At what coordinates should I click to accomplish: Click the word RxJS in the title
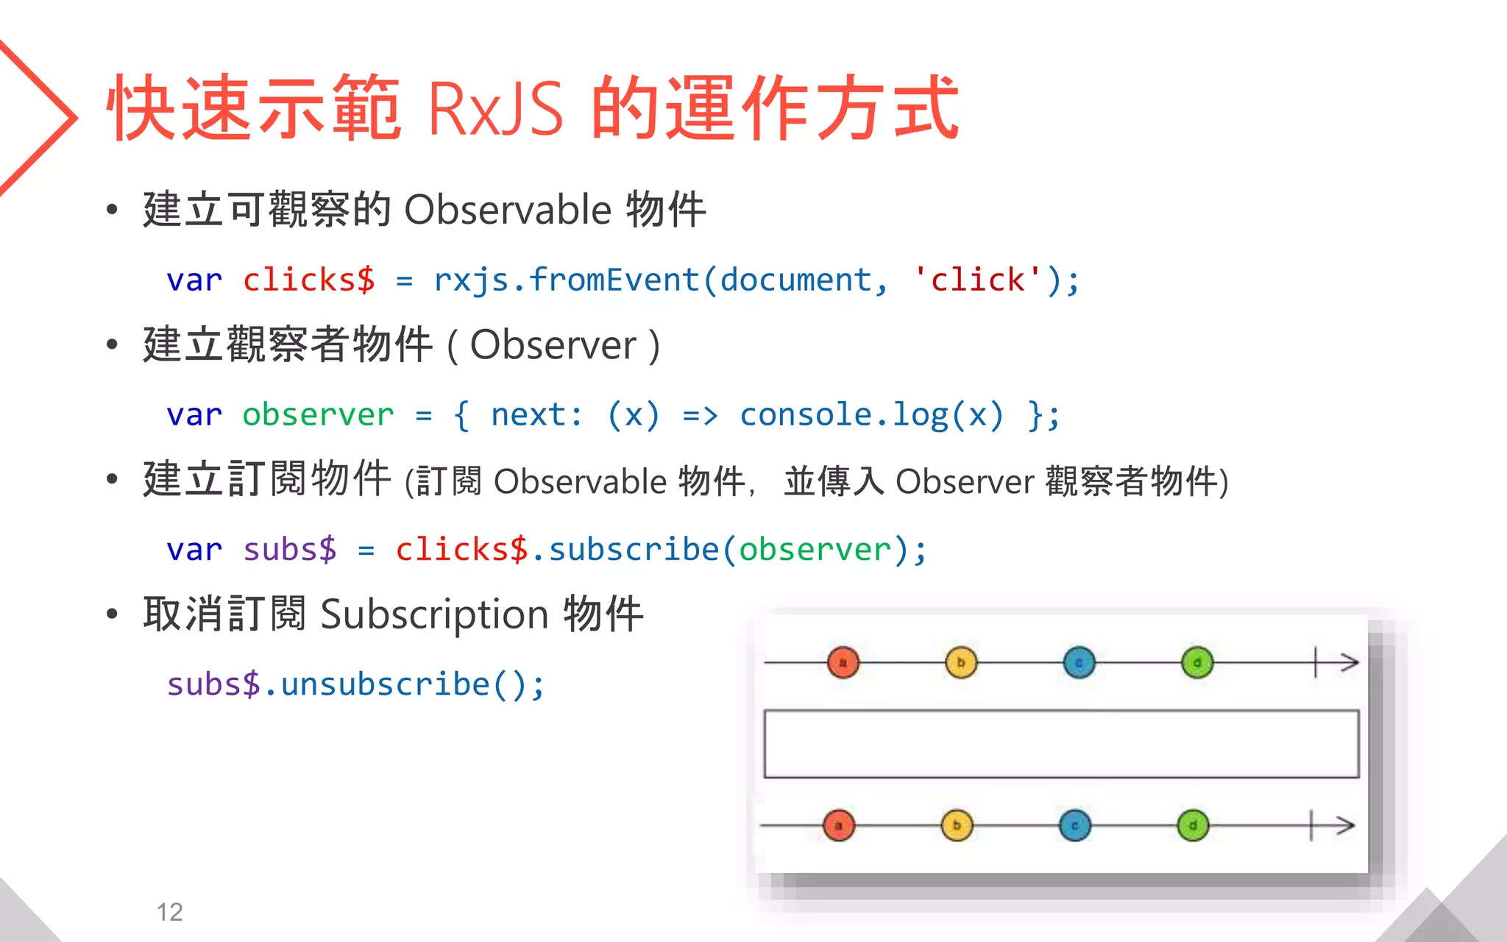(x=494, y=109)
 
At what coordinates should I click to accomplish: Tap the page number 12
(x=169, y=912)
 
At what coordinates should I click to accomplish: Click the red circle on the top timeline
(x=843, y=662)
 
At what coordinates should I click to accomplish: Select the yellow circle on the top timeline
(x=961, y=662)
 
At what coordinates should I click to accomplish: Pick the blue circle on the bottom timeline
(x=1075, y=826)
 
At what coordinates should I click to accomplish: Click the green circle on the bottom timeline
(x=1193, y=826)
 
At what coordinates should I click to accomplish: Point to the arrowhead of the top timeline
(x=1350, y=662)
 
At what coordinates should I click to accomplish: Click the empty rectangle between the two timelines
(x=1061, y=743)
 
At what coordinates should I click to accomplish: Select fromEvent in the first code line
(x=614, y=280)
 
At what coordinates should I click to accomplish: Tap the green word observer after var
(x=318, y=415)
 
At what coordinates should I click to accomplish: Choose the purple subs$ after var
(x=289, y=550)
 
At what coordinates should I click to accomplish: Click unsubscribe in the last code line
(x=385, y=684)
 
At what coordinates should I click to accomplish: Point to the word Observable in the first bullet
(x=508, y=210)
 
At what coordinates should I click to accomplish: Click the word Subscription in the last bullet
(x=434, y=615)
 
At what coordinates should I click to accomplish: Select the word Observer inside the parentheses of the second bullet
(x=553, y=344)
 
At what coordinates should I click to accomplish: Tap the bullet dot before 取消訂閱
(x=112, y=614)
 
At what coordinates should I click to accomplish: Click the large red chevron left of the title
(x=44, y=118)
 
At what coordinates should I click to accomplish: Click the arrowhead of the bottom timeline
(x=1346, y=826)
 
